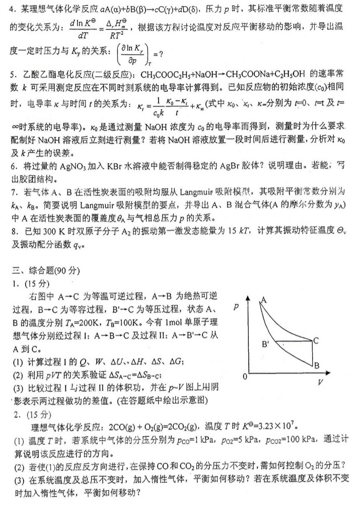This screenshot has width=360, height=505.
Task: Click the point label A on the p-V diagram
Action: coord(262,300)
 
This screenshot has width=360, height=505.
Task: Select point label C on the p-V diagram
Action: coord(316,340)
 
